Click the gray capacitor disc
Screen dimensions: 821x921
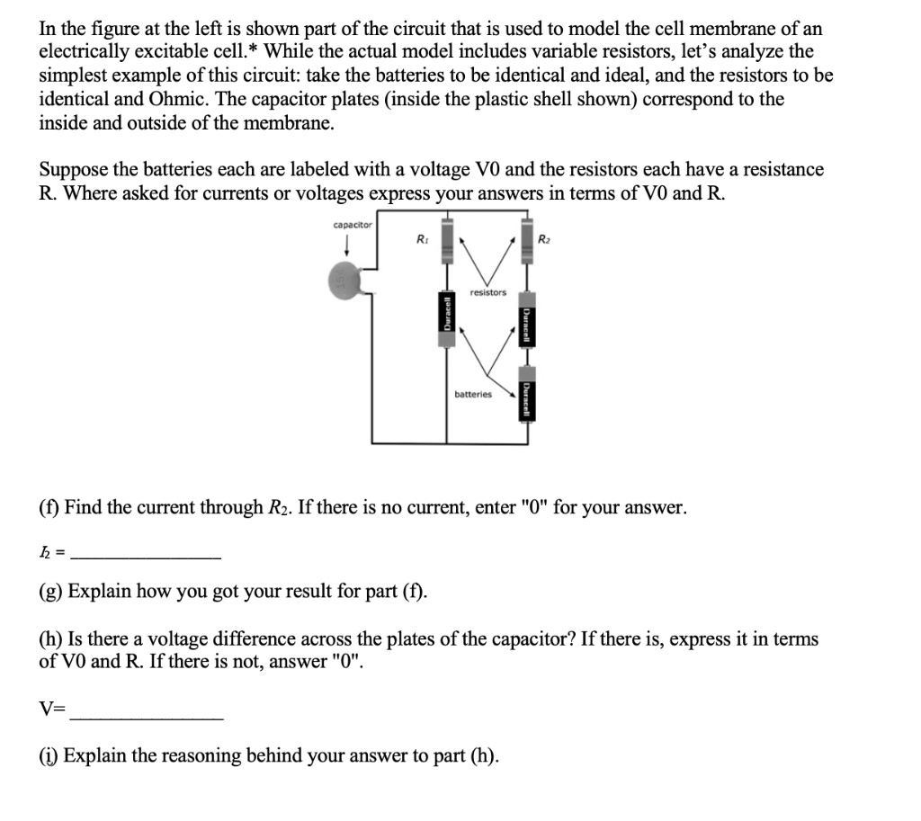coord(343,281)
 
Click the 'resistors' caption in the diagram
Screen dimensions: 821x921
coord(487,292)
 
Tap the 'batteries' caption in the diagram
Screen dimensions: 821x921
coord(473,394)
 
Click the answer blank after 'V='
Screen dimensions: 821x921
coord(147,717)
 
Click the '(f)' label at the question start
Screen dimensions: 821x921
coord(49,508)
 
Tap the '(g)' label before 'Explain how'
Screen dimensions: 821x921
coord(51,592)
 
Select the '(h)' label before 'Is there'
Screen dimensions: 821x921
coord(50,639)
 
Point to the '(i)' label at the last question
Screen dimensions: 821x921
coord(49,754)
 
